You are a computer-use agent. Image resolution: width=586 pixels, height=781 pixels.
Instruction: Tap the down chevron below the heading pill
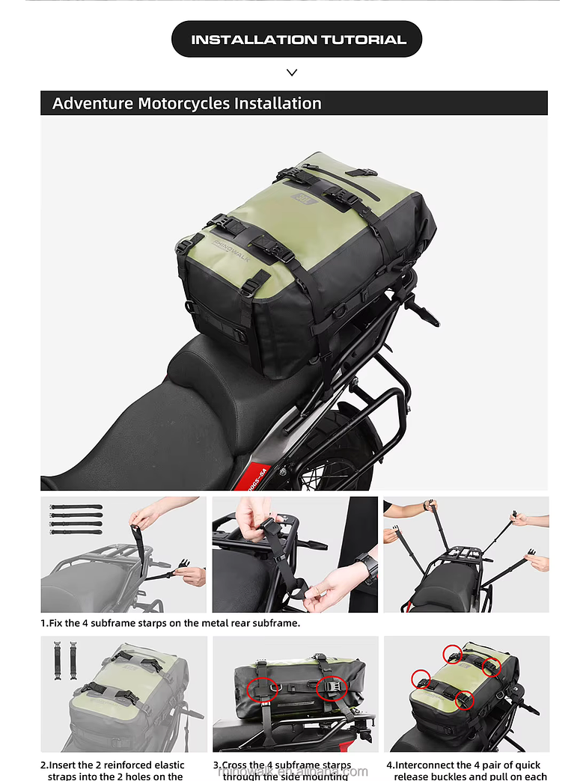point(292,73)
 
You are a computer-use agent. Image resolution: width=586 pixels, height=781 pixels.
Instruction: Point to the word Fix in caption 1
point(56,622)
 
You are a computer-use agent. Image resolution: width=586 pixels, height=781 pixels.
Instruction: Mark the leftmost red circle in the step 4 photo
point(421,679)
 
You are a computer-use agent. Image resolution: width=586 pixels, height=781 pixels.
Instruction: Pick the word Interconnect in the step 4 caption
point(425,765)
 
